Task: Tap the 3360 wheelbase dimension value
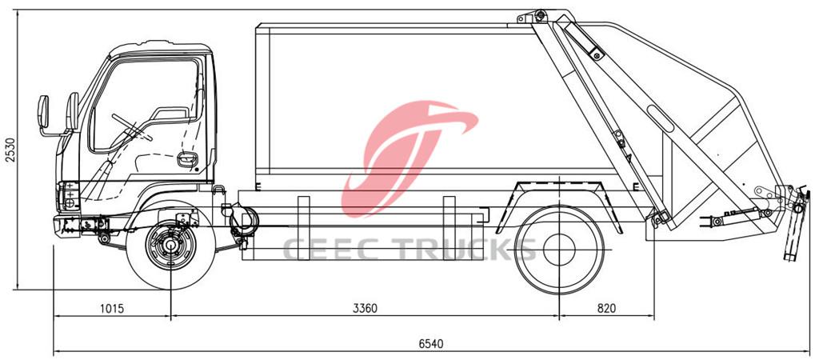tap(365, 308)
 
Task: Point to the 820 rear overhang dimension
tap(606, 308)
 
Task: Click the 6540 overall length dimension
tap(430, 343)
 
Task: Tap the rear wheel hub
tap(558, 250)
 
